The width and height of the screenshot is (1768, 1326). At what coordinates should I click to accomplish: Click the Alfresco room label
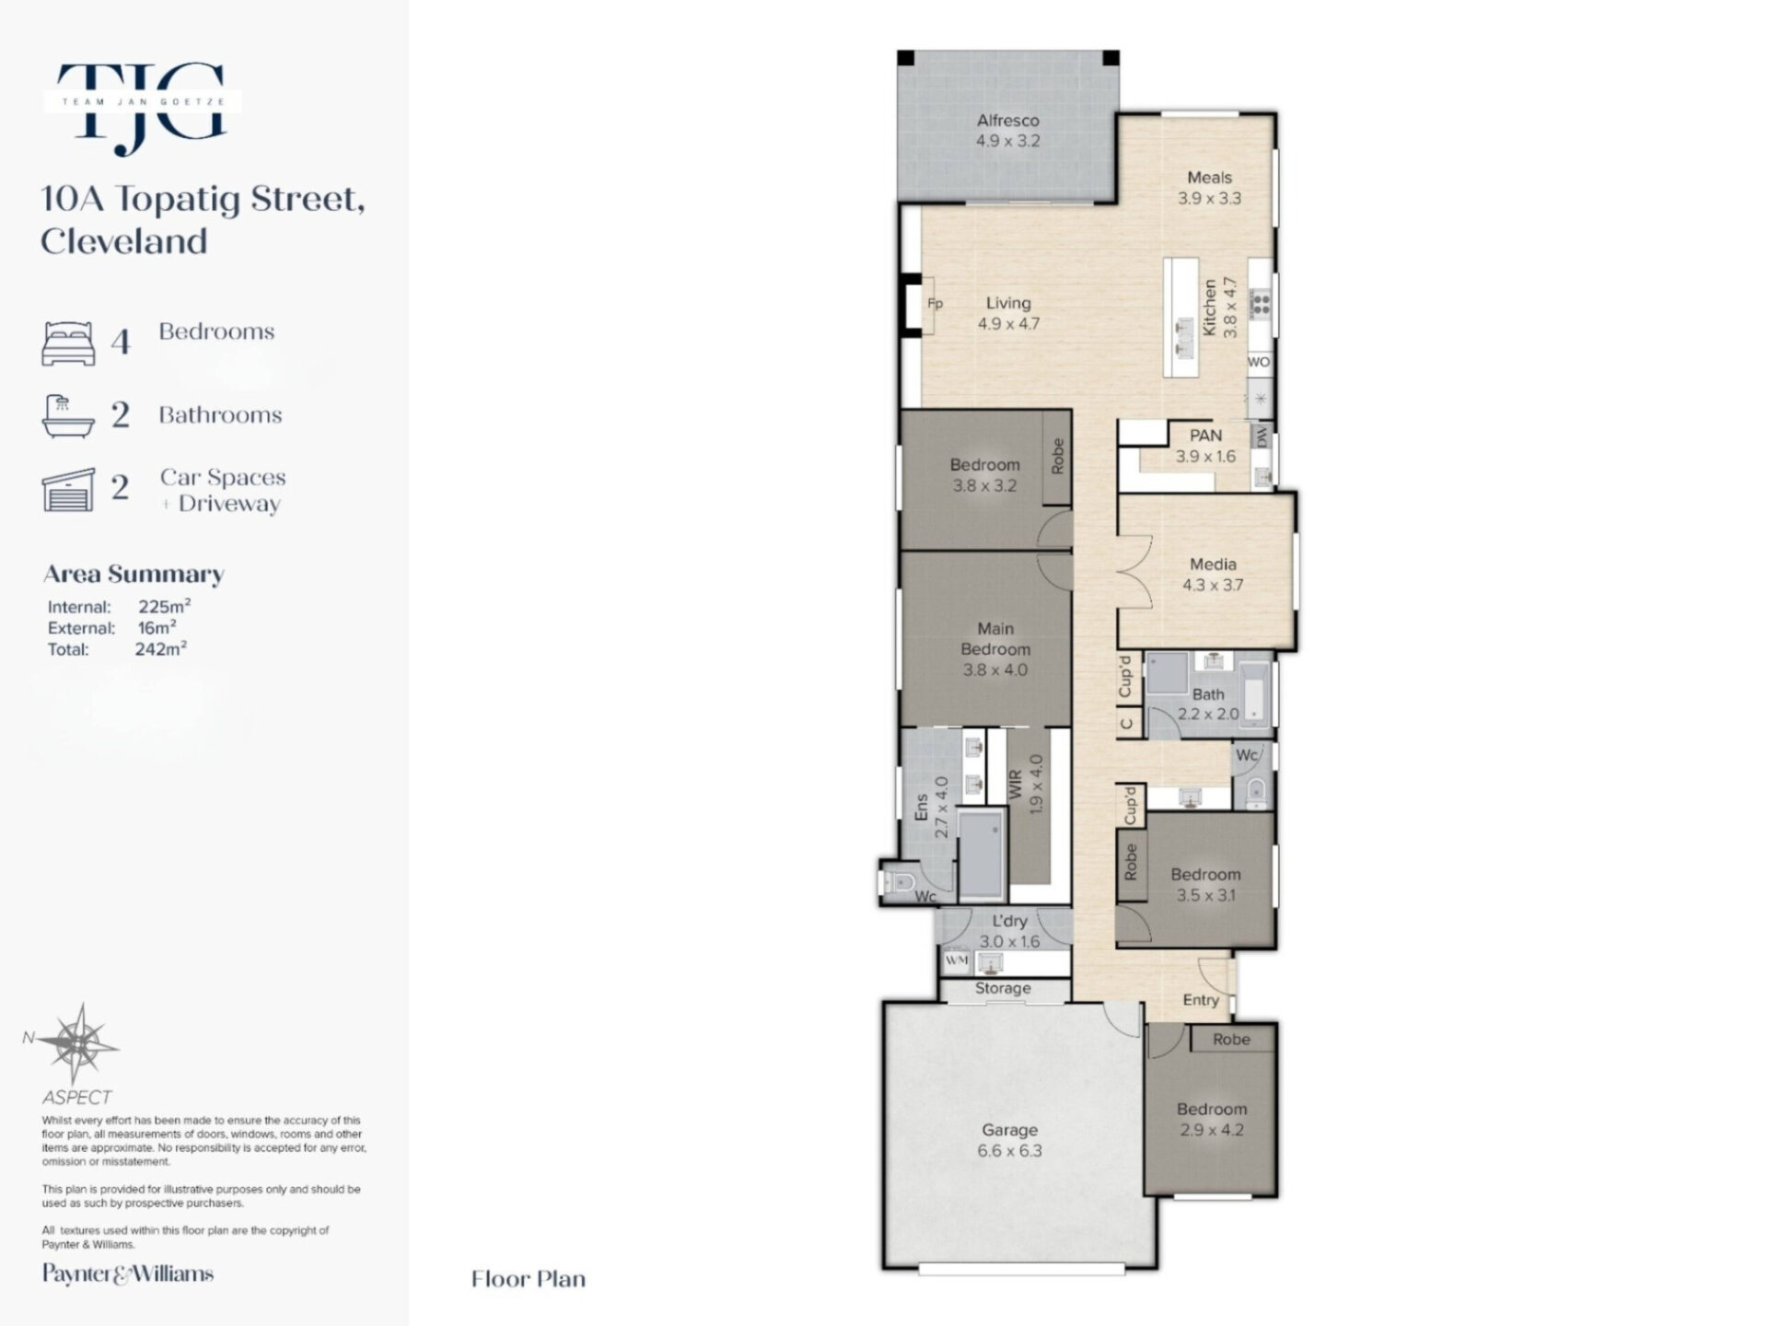[x=1007, y=121]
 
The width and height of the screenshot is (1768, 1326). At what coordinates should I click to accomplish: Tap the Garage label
[x=1009, y=1130]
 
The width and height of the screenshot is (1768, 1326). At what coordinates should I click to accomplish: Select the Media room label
[x=1213, y=564]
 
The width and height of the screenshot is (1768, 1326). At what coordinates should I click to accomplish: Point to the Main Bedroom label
[x=995, y=639]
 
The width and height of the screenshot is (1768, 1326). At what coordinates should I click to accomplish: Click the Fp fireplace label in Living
[x=935, y=304]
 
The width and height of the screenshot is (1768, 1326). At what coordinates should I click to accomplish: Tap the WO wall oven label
[x=1259, y=362]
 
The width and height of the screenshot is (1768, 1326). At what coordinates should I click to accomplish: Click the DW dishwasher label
[x=1262, y=436]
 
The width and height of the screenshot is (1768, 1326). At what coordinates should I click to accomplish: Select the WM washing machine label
[x=957, y=960]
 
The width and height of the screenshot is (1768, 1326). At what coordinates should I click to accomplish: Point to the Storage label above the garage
[x=1003, y=988]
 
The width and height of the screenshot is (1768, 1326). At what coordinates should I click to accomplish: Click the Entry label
[x=1201, y=1000]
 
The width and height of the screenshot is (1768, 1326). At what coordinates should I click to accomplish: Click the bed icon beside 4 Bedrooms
[x=68, y=343]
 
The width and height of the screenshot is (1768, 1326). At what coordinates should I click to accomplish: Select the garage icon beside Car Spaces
[x=68, y=489]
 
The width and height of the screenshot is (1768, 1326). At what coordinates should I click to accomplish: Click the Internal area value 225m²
[x=165, y=606]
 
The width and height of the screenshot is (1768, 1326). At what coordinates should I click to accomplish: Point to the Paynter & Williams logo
[x=128, y=1274]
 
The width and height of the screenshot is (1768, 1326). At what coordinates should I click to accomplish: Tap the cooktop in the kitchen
[x=1261, y=303]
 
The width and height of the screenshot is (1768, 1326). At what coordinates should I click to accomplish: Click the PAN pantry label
[x=1205, y=436]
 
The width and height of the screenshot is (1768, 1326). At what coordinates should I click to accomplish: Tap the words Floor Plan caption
[x=529, y=1279]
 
